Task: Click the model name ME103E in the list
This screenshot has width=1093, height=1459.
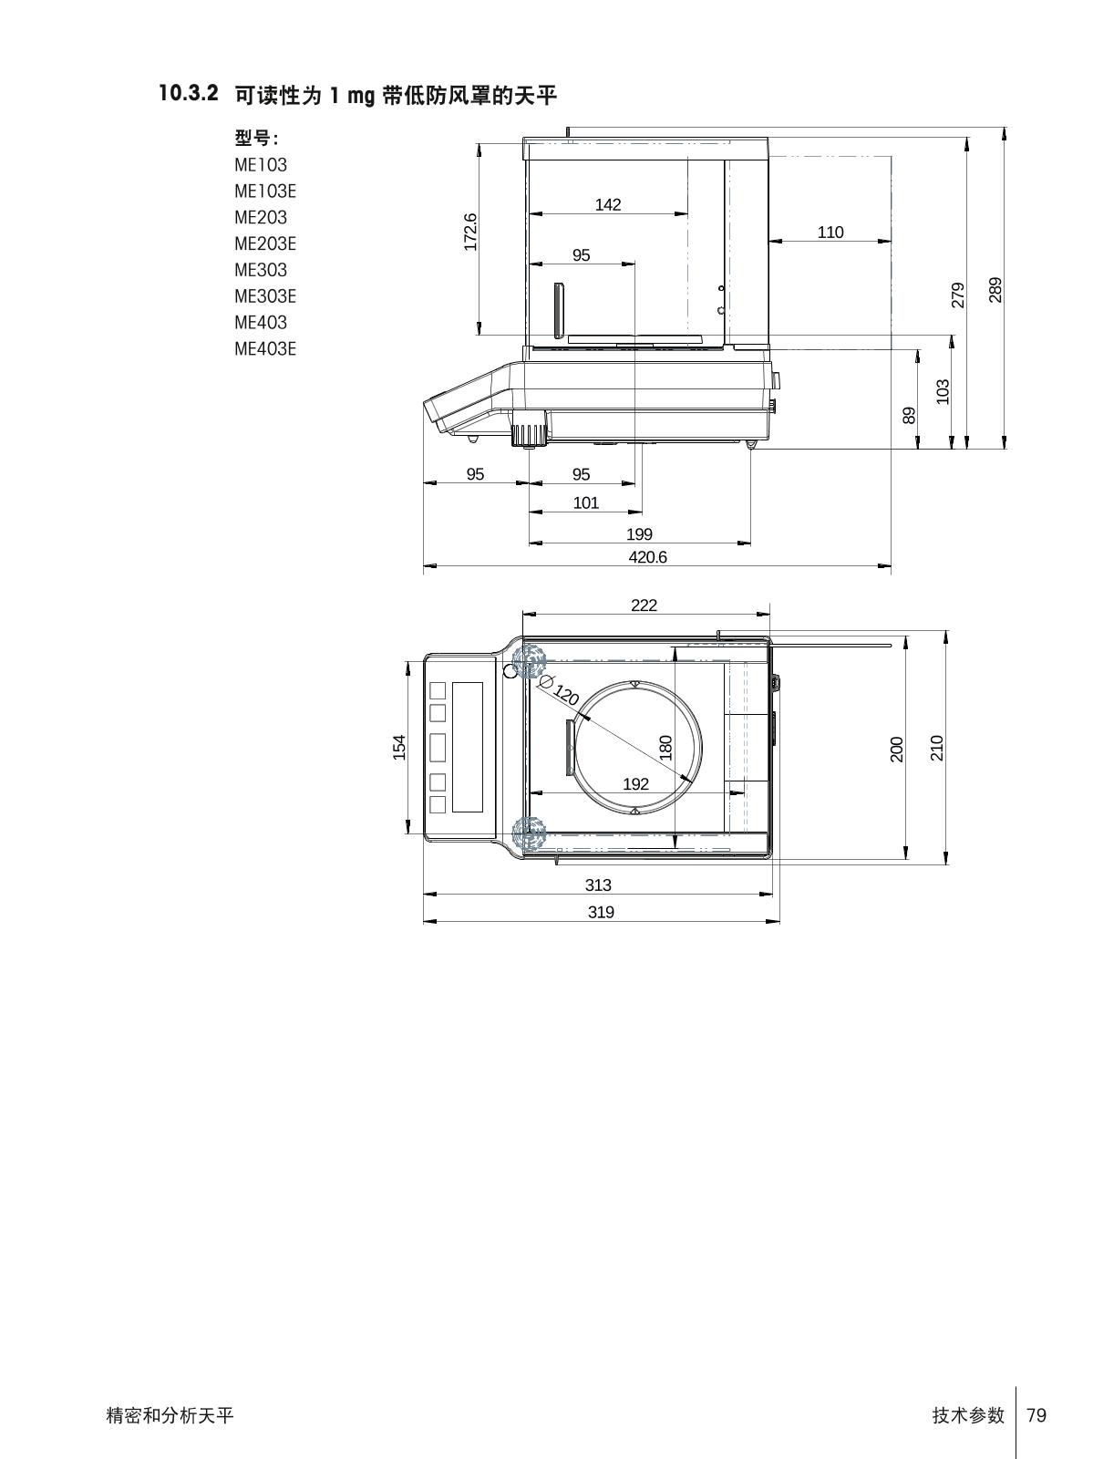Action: [265, 191]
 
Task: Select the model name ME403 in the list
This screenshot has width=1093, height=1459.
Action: [261, 323]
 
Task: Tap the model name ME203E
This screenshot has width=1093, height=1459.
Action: [265, 244]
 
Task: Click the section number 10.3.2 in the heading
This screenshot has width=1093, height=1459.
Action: [189, 94]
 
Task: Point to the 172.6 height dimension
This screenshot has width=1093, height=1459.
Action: [470, 232]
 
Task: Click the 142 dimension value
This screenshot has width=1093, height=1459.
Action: [608, 205]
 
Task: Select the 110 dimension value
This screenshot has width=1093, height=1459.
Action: [830, 232]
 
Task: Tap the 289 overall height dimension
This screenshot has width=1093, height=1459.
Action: [995, 290]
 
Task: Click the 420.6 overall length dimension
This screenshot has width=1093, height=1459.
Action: [648, 557]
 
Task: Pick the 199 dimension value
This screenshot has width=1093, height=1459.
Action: [639, 533]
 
